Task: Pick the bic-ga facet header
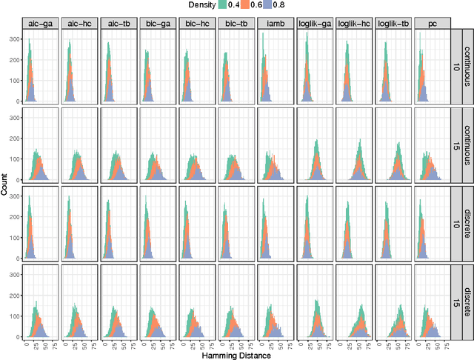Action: point(157,23)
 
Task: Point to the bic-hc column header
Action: point(196,23)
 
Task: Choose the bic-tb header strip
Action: point(236,23)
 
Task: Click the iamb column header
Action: point(275,23)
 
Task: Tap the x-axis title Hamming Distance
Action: point(236,355)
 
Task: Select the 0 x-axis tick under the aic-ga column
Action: point(26,343)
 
